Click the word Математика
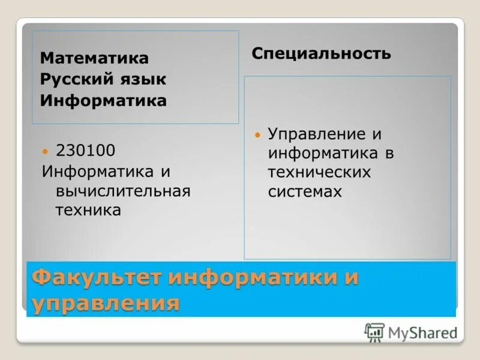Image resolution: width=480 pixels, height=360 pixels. (94, 58)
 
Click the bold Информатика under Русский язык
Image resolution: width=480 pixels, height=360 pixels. (103, 100)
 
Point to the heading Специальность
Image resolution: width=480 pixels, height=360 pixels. (321, 53)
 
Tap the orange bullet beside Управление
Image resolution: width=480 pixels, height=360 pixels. (258, 134)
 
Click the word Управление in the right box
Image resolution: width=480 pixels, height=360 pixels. (317, 134)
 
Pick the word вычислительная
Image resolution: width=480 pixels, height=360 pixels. (123, 191)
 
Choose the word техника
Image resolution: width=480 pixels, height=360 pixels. (88, 211)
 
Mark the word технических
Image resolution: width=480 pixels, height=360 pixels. (320, 173)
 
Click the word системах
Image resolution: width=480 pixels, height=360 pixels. (305, 192)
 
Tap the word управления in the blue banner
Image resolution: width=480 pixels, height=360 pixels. (106, 303)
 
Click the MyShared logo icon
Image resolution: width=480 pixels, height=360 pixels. (374, 332)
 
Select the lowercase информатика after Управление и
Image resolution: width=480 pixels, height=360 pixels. (323, 154)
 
